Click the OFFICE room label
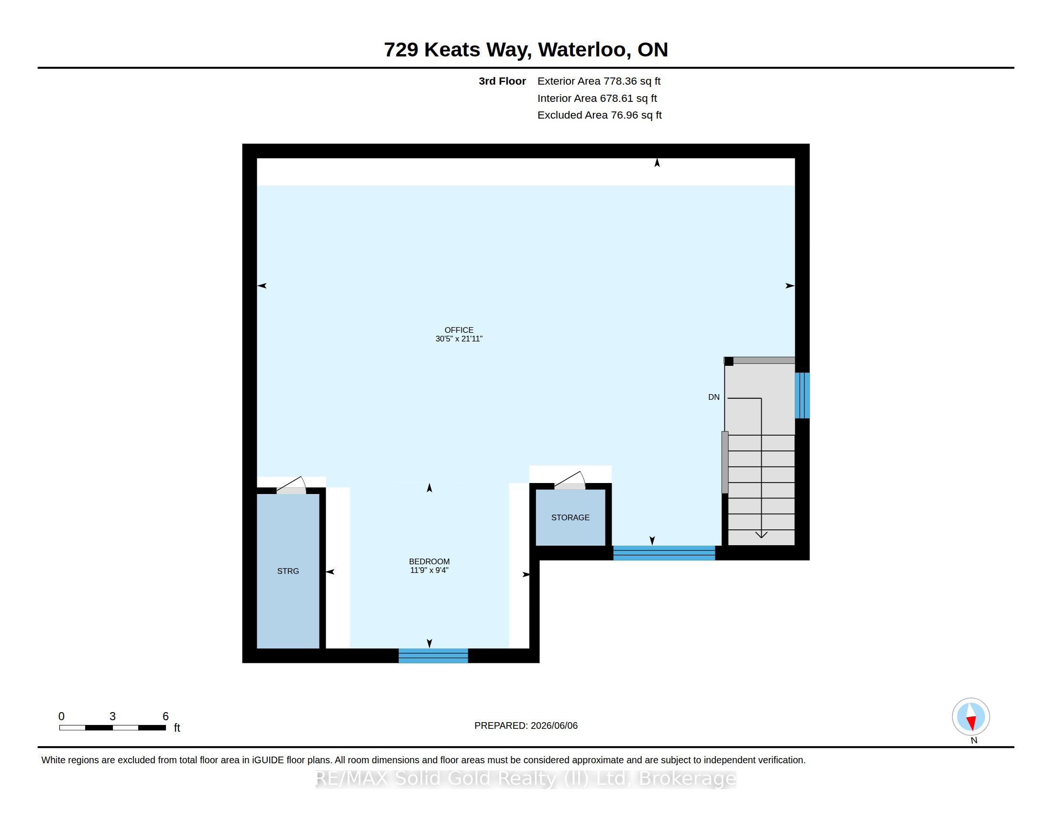tap(459, 330)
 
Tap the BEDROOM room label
tap(429, 561)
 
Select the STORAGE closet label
tap(570, 518)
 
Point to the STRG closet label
tap(288, 571)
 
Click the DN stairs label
tap(714, 397)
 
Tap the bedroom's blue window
tap(433, 656)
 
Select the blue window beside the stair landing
tap(802, 396)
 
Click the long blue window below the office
tap(664, 553)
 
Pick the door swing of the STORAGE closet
tap(570, 480)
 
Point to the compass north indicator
tap(971, 717)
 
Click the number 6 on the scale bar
tap(165, 716)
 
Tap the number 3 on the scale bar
tap(112, 716)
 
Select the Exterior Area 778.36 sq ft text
tap(599, 81)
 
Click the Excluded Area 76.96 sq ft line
tap(599, 115)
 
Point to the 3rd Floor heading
tap(502, 81)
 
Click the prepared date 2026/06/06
tap(554, 726)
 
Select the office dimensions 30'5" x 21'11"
tap(459, 339)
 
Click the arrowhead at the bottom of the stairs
tap(761, 535)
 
